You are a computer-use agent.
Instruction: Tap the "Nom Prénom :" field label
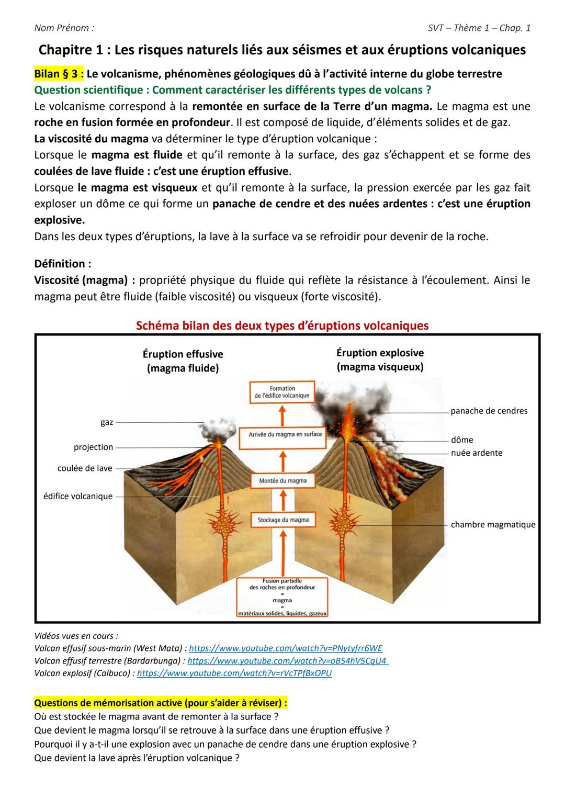(x=64, y=28)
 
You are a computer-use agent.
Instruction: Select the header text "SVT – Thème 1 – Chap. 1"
(x=479, y=28)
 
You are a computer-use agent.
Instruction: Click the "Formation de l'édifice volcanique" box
(x=282, y=392)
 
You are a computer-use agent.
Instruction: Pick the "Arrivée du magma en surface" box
(x=285, y=434)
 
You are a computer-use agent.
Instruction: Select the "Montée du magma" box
(x=282, y=480)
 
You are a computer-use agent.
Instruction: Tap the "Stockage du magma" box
(x=283, y=520)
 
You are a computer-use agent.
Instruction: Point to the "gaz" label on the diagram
(x=107, y=422)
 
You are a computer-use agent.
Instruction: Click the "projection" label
(x=93, y=447)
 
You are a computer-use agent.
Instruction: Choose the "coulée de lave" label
(x=85, y=468)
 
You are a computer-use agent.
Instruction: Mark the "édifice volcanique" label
(x=78, y=496)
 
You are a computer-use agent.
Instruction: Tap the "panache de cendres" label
(x=489, y=411)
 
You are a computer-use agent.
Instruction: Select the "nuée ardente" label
(x=477, y=453)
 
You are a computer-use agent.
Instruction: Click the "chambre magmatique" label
(x=493, y=524)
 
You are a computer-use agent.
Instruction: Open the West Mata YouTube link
(x=285, y=648)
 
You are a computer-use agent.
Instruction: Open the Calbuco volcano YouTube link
(x=234, y=673)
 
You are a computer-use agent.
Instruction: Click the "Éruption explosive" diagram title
(x=380, y=353)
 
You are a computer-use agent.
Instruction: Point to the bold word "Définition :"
(x=63, y=264)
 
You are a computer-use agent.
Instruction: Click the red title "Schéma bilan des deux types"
(x=282, y=325)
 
